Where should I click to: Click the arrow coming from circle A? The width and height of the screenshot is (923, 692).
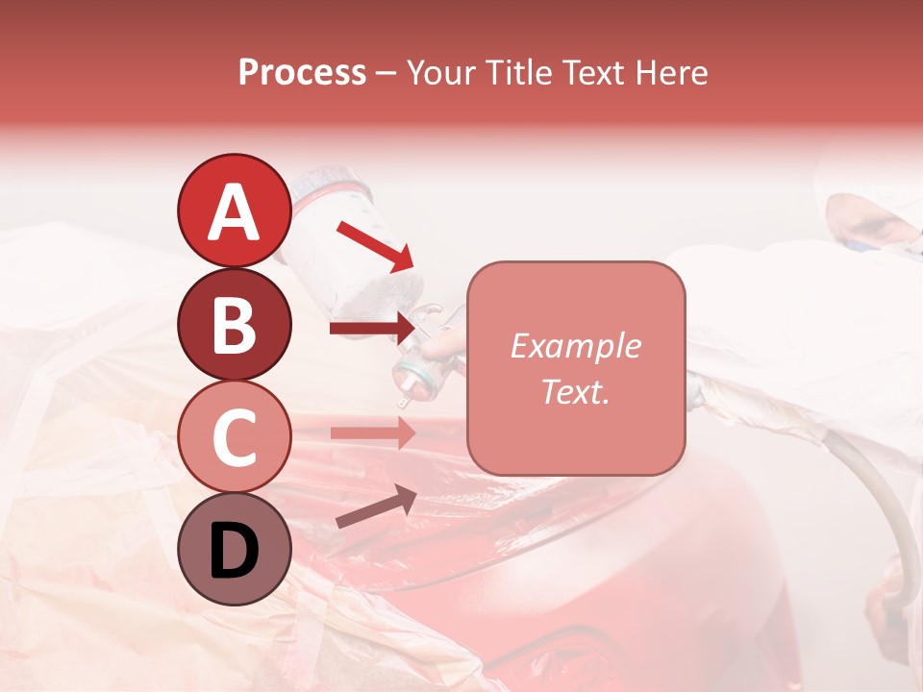click(374, 244)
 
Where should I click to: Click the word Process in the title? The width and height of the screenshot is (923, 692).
click(302, 73)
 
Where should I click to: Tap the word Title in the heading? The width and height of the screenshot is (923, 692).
click(520, 73)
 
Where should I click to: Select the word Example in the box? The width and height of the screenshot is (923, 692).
click(575, 346)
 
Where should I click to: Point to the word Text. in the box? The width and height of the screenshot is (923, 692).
click(575, 391)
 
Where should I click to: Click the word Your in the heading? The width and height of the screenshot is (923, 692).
click(441, 73)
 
